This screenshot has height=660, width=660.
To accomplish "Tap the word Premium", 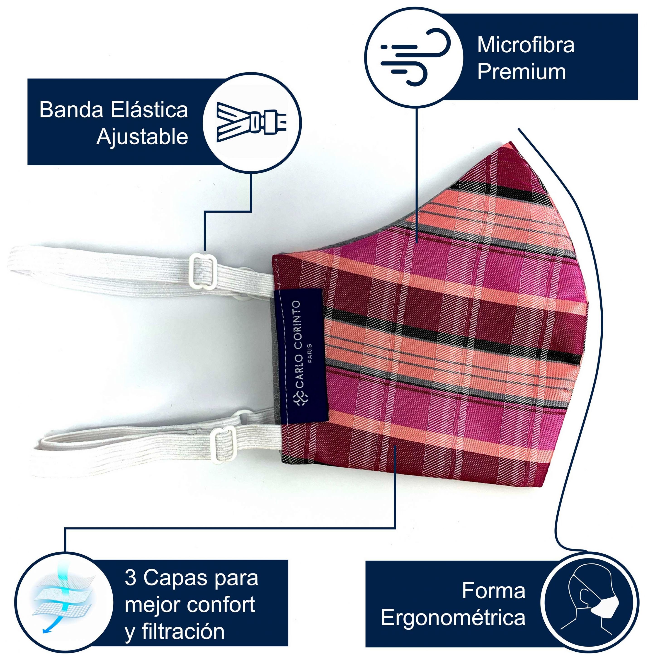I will [521, 72].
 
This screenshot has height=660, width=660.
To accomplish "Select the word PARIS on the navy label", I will [310, 353].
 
